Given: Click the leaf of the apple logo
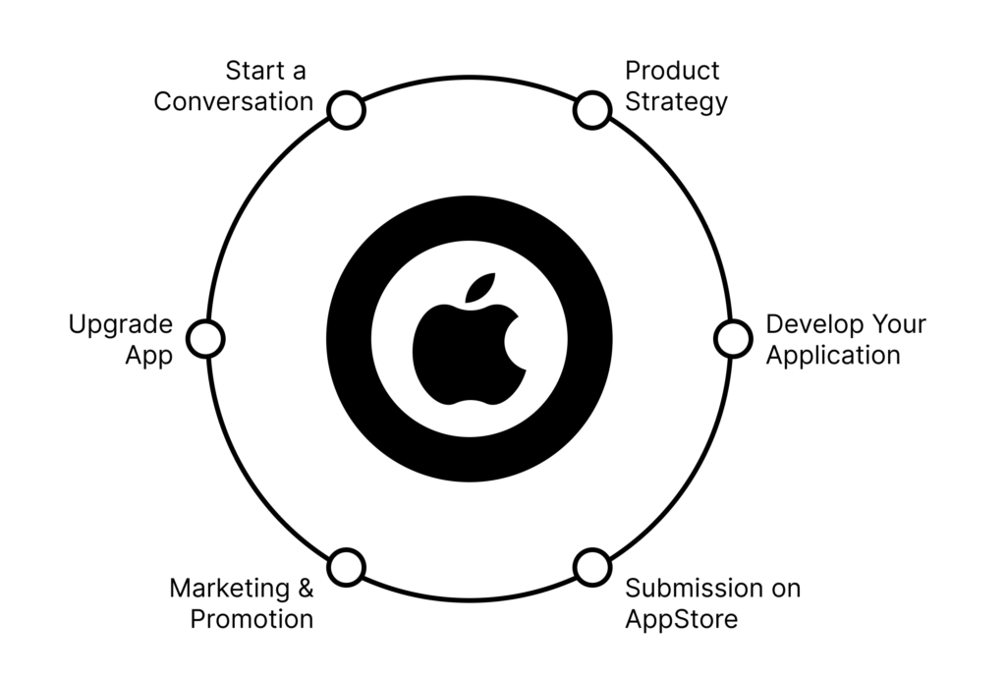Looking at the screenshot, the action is pos(480,288).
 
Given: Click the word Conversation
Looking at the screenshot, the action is pos(234,101).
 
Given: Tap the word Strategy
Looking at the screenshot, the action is pos(676,102).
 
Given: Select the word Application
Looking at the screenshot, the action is pos(833,356).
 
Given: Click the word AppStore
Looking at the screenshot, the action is pos(682,620).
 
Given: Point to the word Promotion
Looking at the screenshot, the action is pos(252,619).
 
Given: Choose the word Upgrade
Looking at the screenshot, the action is pos(121,325).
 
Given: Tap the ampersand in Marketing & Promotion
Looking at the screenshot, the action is pos(306,588).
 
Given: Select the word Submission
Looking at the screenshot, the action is pos(693,588).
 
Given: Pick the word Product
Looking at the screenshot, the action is pos(672,71).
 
